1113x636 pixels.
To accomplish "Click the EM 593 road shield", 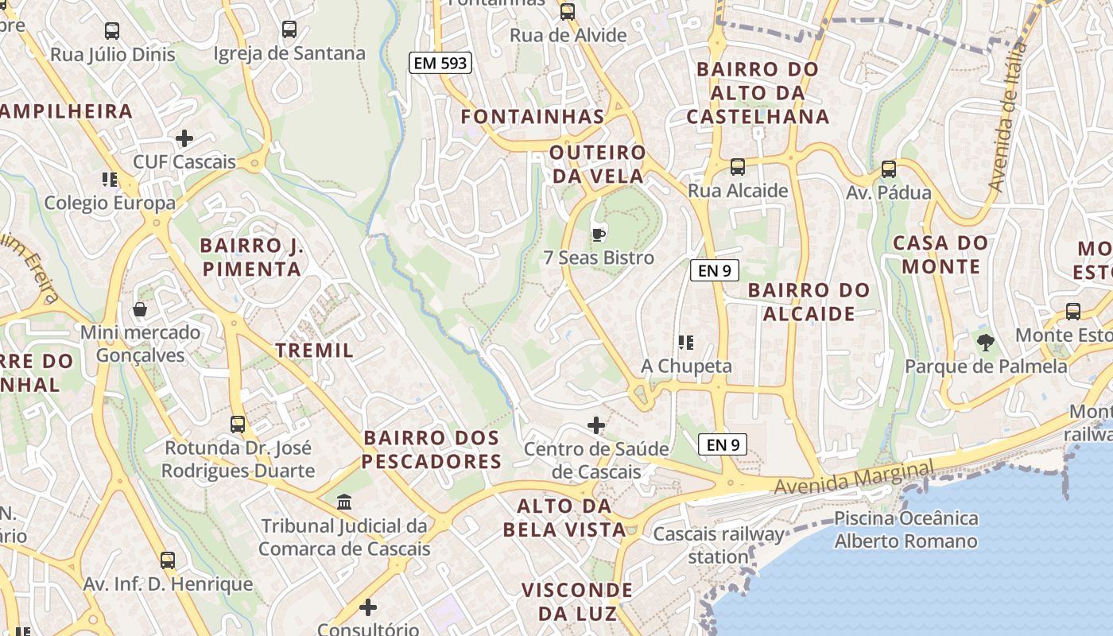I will (x=440, y=63).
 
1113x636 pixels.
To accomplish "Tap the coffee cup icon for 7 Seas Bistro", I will (x=599, y=235).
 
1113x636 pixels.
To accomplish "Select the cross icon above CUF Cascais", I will (x=184, y=138).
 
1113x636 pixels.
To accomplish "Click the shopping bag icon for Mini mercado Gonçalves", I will (x=140, y=308).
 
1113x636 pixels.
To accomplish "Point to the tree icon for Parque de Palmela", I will (x=986, y=343).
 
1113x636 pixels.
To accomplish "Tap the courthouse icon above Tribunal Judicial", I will (x=344, y=502).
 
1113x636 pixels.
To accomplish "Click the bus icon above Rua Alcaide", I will (x=738, y=167).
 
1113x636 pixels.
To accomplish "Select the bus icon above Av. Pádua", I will (x=889, y=169).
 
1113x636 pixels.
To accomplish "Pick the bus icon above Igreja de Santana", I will (x=289, y=30).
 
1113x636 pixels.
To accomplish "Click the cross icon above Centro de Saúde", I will (x=596, y=425).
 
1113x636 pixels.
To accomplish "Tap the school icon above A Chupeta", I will (x=686, y=343).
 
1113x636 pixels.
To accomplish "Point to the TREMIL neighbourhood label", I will (x=314, y=351).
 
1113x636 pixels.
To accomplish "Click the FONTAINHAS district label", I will (x=533, y=117).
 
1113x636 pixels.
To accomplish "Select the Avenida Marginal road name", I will (x=854, y=477).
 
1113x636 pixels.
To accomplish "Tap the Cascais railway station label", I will (x=719, y=545).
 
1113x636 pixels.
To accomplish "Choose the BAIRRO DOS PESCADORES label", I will (x=432, y=449).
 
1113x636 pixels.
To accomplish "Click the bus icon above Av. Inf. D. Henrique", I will (x=167, y=560).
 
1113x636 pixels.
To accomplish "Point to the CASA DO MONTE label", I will (x=940, y=254).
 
